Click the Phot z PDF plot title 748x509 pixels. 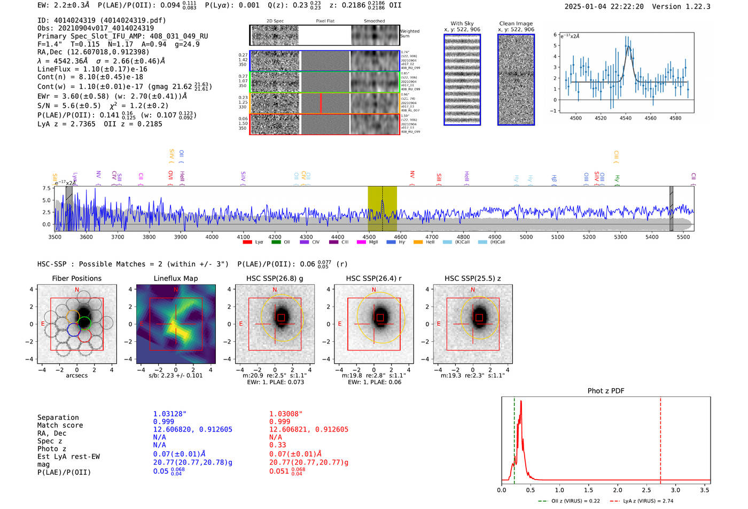[606, 391]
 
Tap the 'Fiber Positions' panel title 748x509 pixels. [76, 278]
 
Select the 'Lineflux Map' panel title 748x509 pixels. [176, 278]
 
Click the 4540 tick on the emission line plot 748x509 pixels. [625, 118]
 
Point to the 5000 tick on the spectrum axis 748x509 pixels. [526, 237]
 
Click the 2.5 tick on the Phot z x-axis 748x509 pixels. [646, 490]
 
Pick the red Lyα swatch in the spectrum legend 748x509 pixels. [247, 242]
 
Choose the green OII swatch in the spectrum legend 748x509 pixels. [276, 242]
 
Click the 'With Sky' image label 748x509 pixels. [462, 24]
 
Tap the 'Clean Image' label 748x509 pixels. [516, 24]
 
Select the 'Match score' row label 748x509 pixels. [60, 425]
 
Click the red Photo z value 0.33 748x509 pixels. [277, 445]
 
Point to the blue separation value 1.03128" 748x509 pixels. [170, 414]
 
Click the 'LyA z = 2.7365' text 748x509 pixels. [66, 124]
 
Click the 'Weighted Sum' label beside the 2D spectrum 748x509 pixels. [410, 34]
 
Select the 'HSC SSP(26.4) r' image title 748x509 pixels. [373, 278]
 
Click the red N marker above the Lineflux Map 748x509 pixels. [176, 289]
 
